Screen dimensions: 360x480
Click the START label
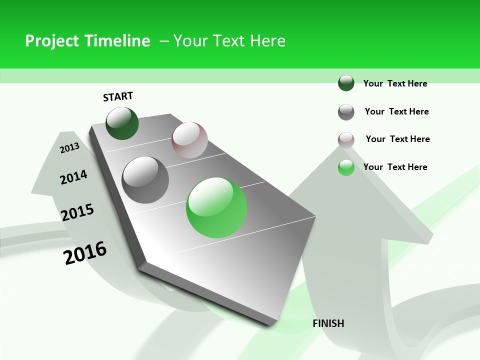(x=118, y=96)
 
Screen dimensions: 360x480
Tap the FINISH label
(x=328, y=323)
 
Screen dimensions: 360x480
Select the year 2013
(x=70, y=147)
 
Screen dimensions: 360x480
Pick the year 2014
(x=73, y=177)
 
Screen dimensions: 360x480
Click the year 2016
(x=85, y=252)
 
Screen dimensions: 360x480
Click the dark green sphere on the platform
(x=122, y=123)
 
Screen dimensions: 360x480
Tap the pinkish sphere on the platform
(x=189, y=139)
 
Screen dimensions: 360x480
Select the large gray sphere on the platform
(x=145, y=179)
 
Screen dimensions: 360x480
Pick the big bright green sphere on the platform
(x=216, y=207)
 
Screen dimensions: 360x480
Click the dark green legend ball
(x=346, y=83)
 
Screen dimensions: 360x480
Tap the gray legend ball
(x=346, y=112)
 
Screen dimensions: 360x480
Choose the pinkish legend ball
(x=346, y=140)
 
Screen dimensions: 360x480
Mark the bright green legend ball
(x=346, y=167)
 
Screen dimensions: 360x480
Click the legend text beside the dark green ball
(x=395, y=83)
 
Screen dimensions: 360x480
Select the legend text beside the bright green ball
(x=395, y=167)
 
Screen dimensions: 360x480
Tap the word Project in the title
(x=52, y=41)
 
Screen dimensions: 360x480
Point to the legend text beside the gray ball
(x=396, y=111)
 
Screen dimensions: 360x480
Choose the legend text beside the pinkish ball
(x=397, y=139)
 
